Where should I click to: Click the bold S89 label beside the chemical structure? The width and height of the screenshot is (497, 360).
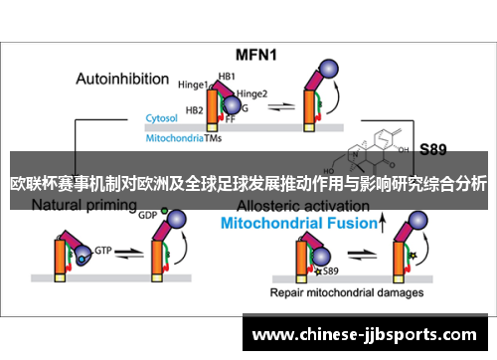tap(432, 150)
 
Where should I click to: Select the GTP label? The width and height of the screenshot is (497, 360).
tap(102, 254)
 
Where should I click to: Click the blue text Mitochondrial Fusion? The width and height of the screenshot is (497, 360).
tap(297, 225)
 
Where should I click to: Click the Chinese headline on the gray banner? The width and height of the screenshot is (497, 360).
tap(248, 183)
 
